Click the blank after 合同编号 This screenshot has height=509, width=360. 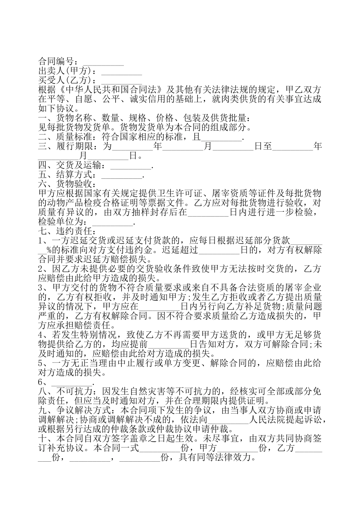103,62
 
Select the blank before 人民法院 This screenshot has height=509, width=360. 229,419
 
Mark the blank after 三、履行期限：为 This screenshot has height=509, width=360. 133,147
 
